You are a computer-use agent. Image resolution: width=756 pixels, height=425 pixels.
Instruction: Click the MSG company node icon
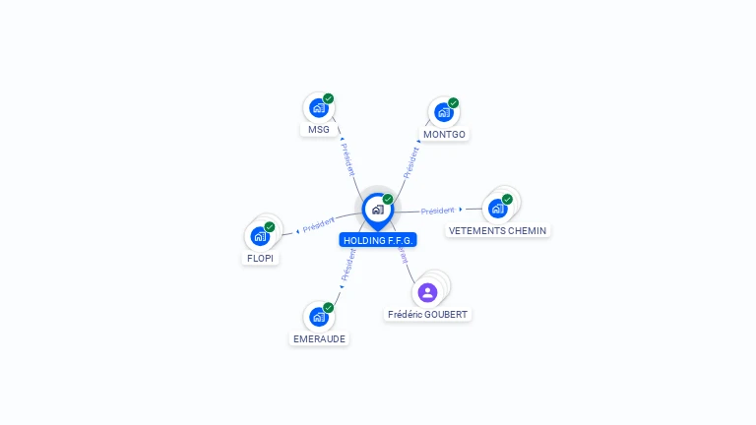point(318,108)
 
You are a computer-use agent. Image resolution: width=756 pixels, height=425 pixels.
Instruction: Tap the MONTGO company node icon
point(443,112)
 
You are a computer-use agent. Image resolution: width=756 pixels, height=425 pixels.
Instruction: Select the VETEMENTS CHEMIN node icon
point(497,208)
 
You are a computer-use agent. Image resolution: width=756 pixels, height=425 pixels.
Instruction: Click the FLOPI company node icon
point(260,236)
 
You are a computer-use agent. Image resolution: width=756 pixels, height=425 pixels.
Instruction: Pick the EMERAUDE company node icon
point(318,317)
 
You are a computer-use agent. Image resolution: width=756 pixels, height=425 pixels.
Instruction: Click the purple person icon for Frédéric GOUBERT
point(427,292)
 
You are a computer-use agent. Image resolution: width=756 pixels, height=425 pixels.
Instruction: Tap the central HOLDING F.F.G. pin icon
point(377,210)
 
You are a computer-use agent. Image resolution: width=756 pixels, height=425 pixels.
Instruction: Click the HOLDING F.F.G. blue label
point(379,240)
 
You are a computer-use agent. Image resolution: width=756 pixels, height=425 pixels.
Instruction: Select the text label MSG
point(319,130)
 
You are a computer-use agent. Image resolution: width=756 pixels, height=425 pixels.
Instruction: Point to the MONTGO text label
point(444,134)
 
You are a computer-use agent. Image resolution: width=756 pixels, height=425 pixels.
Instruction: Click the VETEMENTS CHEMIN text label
point(497,230)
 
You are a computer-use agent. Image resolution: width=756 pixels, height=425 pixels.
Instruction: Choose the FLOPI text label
point(260,258)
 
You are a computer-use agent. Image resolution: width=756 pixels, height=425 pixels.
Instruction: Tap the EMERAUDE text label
point(320,338)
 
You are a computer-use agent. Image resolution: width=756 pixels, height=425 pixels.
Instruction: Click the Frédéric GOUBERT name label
point(428,314)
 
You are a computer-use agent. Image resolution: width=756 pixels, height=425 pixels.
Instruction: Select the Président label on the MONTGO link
point(411,161)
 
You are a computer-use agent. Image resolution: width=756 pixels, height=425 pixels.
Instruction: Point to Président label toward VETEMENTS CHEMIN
point(438,211)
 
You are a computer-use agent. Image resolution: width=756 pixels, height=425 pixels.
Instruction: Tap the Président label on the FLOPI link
point(319,224)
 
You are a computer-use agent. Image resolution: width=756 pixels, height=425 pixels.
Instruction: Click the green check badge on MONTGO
point(454,102)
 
